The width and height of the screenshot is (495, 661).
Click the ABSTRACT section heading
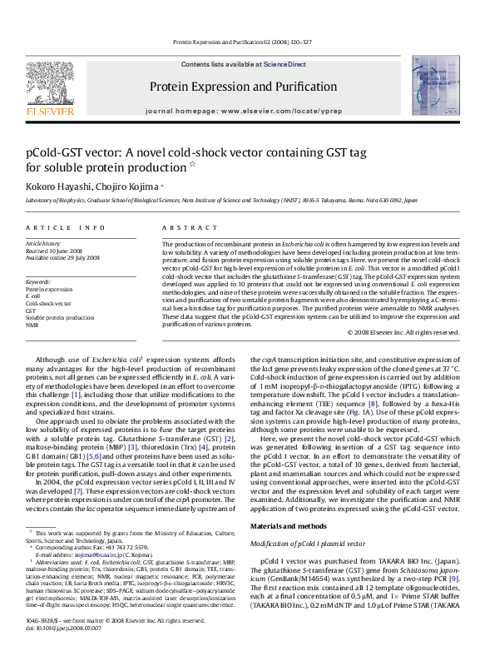183,227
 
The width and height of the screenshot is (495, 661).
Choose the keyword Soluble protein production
60,318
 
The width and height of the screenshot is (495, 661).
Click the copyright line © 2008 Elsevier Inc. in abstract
403,332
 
